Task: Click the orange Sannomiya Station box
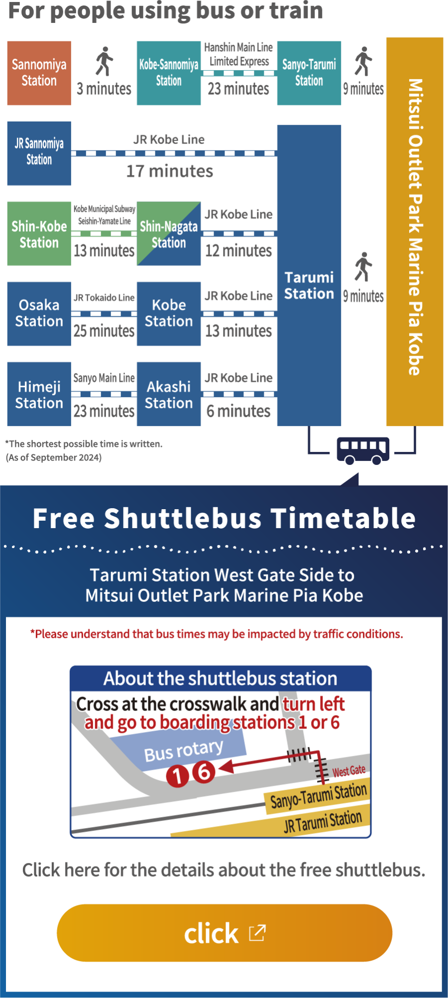(x=39, y=73)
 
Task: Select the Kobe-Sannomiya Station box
(x=169, y=73)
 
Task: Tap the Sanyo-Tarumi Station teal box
(x=309, y=73)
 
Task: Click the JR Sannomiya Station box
(x=39, y=153)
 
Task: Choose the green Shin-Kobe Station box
(x=39, y=234)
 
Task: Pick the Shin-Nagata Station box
(x=169, y=234)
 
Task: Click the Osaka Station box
(x=39, y=314)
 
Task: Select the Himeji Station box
(x=39, y=394)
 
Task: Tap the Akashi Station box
(x=169, y=394)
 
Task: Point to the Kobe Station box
(x=169, y=314)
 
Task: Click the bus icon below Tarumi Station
(x=363, y=450)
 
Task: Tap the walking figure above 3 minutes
(x=104, y=61)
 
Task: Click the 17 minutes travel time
(x=170, y=171)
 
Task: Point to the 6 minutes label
(x=238, y=411)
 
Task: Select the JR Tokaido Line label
(x=104, y=297)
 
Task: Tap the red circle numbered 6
(x=204, y=772)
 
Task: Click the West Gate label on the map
(x=349, y=771)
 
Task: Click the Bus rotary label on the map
(x=184, y=750)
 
